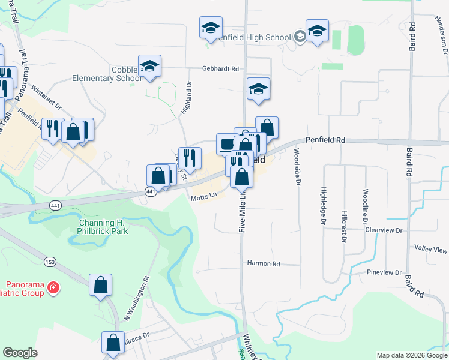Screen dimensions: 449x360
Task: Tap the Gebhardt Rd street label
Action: pos(220,69)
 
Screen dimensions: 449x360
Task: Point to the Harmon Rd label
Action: pos(264,263)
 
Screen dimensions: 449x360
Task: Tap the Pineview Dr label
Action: pos(384,272)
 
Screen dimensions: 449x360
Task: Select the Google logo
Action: pos(20,353)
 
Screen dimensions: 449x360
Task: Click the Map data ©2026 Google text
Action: pos(411,355)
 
